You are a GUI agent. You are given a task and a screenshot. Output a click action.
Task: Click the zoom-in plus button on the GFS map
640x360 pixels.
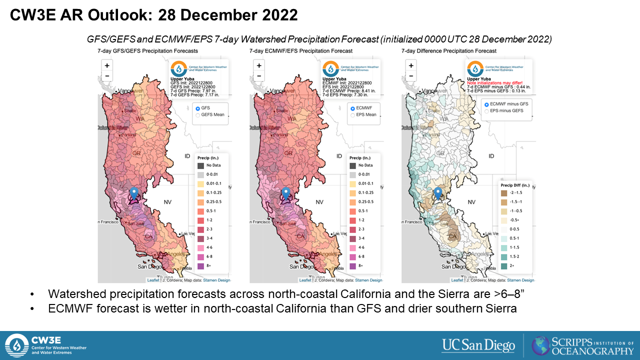(107, 65)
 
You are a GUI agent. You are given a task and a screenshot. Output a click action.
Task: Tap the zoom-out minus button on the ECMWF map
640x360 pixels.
(259, 76)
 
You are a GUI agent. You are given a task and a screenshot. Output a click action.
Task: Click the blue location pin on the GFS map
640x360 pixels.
(133, 193)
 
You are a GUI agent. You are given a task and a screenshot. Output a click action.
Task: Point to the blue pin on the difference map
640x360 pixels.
(438, 193)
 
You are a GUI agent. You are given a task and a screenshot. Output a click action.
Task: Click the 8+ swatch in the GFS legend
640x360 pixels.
(200, 266)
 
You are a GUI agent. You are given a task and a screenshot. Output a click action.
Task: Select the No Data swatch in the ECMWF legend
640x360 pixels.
(352, 165)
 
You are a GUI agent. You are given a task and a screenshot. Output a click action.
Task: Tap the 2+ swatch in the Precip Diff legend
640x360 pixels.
(504, 266)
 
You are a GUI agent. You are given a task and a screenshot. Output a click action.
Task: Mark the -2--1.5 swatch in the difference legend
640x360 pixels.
(504, 193)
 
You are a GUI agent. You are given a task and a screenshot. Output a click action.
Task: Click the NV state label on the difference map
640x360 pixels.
(471, 202)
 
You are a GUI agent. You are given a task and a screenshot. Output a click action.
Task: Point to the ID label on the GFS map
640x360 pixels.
(187, 156)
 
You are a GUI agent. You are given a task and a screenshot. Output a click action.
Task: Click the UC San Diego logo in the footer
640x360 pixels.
(478, 345)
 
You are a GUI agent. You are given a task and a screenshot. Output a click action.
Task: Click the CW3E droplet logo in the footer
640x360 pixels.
(16, 345)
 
